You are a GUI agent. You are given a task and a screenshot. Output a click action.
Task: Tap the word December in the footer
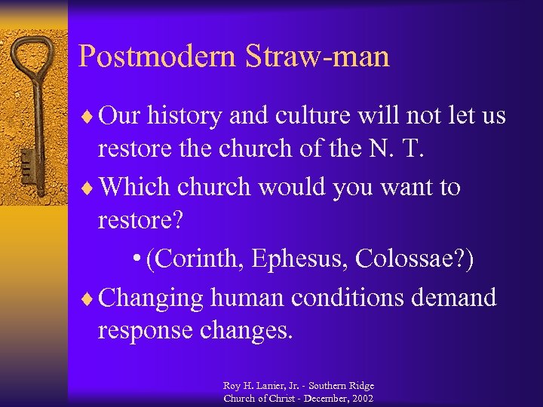click(320, 398)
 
